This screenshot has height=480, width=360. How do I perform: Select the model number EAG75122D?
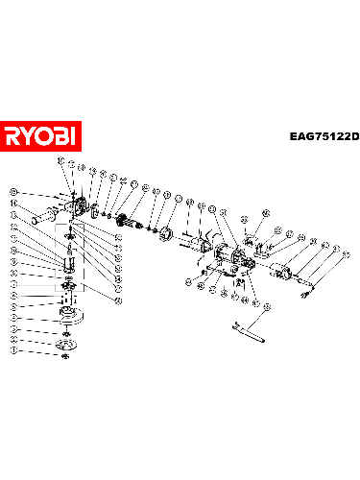pos(324,136)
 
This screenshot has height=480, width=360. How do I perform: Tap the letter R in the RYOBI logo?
pos(13,135)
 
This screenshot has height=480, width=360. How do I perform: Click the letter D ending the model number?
pos(353,136)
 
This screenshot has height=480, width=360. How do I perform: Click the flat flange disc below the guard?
pos(66,345)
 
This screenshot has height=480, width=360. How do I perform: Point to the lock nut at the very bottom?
pos(65,357)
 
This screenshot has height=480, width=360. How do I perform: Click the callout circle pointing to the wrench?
pos(267,305)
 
